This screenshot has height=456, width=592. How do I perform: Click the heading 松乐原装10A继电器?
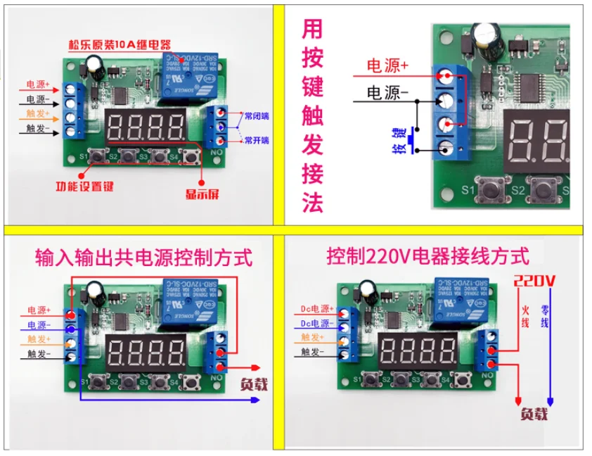120,45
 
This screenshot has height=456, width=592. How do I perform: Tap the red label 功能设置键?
84,186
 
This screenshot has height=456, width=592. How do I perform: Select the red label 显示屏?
202,194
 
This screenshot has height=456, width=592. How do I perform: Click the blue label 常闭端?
256,113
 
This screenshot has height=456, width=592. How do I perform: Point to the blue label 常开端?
256,141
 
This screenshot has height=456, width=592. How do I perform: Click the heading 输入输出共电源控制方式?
143,258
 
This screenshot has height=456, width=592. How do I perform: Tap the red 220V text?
535,281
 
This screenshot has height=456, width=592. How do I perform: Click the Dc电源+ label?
314,310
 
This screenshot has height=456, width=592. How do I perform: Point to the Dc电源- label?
314,324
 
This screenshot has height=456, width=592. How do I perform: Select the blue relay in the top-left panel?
186,79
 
